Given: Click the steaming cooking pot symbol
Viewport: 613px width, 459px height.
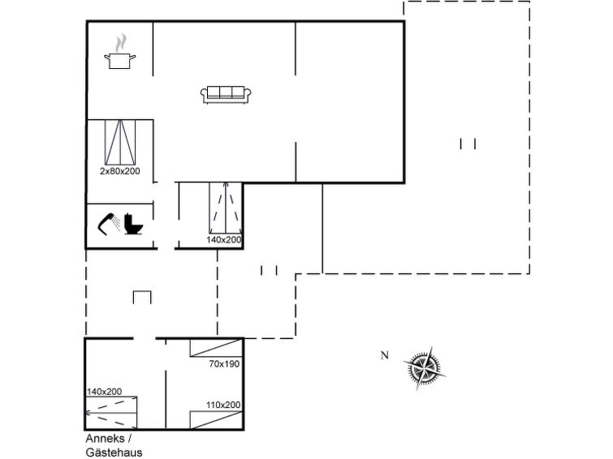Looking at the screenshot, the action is point(119,52).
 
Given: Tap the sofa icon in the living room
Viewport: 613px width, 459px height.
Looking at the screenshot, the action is point(226,95).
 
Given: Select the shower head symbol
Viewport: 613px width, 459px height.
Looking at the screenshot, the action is point(109,224).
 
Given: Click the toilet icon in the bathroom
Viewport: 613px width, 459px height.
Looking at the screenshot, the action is point(133,224).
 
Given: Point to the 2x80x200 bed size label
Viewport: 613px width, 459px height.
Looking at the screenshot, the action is point(119,171).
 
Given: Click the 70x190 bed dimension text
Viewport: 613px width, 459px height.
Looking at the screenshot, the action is point(224,364).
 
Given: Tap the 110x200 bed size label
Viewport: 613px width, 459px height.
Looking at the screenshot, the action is point(223,405).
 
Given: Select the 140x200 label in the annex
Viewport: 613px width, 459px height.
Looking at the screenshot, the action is point(104,392).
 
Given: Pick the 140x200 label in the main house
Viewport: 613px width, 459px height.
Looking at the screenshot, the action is point(223,240).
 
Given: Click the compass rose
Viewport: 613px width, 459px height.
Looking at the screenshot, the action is point(424,367).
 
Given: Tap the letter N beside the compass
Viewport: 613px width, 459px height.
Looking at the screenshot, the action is point(385,355).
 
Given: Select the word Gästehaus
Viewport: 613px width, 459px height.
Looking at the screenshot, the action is point(114,453).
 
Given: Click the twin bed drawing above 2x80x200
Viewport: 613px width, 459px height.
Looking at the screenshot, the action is point(120,142).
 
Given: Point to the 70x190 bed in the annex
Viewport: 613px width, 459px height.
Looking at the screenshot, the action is point(217,348).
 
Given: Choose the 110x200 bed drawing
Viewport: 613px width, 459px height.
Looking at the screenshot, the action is point(217,420).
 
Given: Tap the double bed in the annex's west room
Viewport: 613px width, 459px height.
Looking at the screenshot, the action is point(111,413).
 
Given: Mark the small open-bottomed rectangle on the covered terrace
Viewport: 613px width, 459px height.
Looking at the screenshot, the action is point(142,298).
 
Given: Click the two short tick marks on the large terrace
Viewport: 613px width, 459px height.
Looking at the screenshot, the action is point(468,144).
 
